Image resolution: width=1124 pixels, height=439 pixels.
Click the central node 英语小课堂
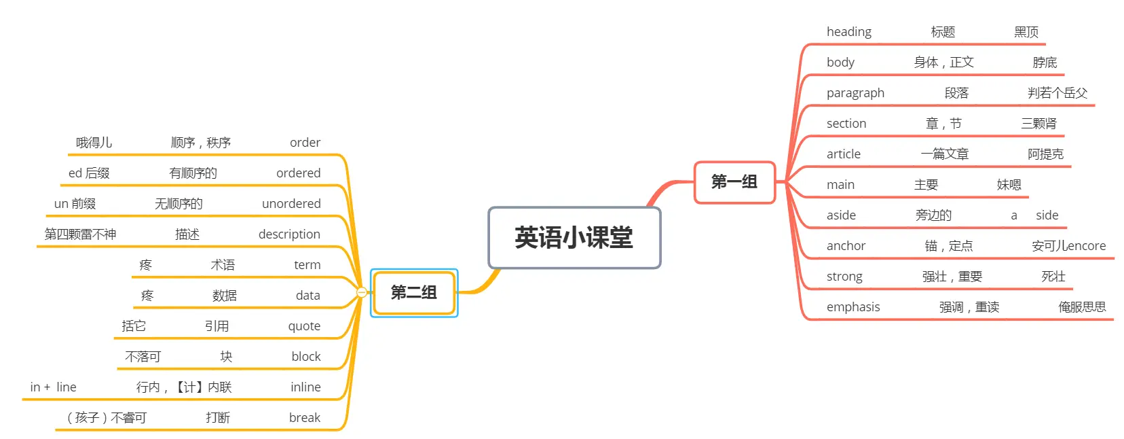tap(574, 238)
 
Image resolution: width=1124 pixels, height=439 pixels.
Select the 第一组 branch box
tap(734, 182)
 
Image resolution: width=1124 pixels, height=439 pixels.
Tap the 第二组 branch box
tap(413, 293)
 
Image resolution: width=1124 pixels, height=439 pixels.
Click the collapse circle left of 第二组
tap(362, 292)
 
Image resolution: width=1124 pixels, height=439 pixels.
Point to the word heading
tap(848, 32)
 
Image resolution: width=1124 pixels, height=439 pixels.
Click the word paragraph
tap(855, 93)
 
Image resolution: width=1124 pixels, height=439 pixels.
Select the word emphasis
tap(853, 307)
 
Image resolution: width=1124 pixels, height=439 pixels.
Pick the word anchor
tap(846, 246)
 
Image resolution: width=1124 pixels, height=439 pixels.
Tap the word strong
tap(844, 277)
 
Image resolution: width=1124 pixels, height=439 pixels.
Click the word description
tap(289, 234)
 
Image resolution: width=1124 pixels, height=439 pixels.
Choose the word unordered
tap(291, 204)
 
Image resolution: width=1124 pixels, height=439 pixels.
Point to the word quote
tap(304, 326)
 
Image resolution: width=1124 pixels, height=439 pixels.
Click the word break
tap(304, 418)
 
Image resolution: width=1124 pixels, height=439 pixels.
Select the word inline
tap(305, 387)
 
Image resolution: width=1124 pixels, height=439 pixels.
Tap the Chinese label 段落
tap(956, 93)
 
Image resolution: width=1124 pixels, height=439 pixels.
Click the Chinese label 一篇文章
tap(944, 154)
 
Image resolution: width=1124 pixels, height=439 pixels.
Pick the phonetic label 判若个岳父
tap(1057, 93)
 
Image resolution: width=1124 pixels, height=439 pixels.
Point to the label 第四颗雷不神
tap(80, 234)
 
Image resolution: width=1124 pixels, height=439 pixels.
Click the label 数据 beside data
tap(224, 296)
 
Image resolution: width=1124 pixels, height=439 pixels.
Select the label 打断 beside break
tap(218, 418)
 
